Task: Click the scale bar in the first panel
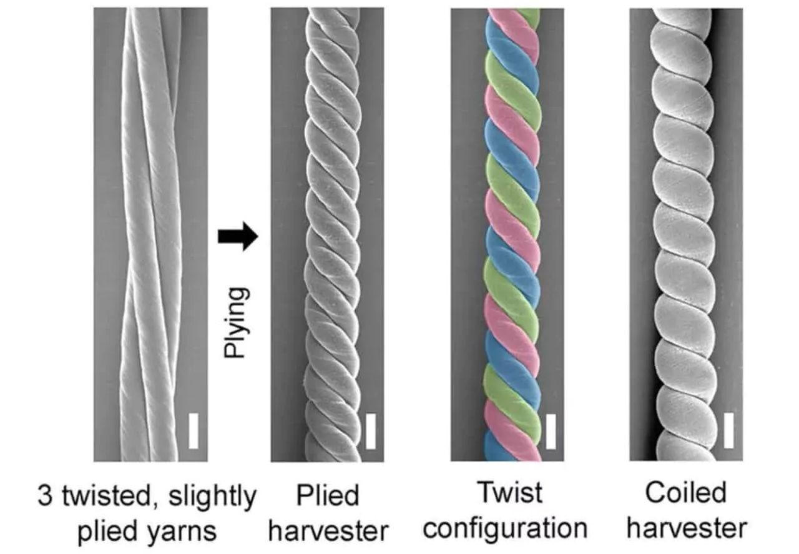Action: [x=194, y=429]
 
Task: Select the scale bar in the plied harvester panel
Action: [x=371, y=430]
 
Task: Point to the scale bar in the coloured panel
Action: [x=551, y=431]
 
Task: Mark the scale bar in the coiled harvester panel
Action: [x=728, y=430]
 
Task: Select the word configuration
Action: [x=506, y=528]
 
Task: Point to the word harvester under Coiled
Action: [x=687, y=528]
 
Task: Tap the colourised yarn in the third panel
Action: [x=512, y=237]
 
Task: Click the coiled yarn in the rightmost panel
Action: [x=683, y=237]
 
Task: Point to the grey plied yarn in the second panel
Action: [x=334, y=237]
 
